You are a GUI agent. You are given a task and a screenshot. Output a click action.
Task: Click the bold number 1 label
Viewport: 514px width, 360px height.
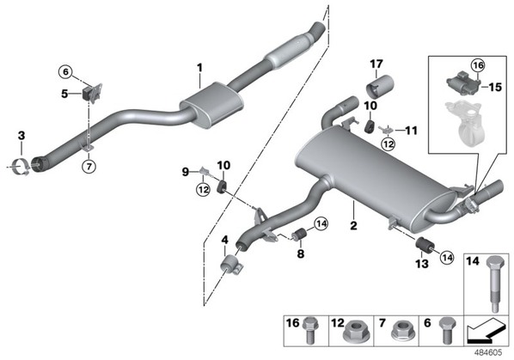pos(199,68)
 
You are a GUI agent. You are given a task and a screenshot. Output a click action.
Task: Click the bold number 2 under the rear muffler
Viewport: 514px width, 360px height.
pos(353,226)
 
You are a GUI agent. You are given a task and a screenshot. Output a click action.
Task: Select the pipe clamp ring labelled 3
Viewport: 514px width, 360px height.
pos(21,167)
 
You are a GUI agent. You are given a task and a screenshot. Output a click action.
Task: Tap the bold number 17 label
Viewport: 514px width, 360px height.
pos(376,64)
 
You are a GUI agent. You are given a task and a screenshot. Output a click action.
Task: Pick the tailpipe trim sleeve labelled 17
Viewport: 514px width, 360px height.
pos(380,87)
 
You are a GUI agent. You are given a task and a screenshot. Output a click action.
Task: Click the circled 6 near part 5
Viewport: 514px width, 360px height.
pos(65,71)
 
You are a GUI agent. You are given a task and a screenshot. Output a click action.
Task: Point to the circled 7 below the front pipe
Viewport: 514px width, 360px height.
pos(89,167)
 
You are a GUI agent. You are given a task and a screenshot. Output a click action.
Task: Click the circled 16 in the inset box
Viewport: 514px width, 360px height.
pos(478,65)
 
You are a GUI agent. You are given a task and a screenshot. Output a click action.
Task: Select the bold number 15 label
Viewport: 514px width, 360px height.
pos(495,87)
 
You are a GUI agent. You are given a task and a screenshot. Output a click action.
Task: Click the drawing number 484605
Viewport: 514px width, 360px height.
pos(488,353)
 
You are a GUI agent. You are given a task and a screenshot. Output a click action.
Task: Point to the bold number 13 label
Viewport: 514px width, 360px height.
pos(422,264)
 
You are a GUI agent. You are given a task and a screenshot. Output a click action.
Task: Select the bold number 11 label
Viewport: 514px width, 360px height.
pos(411,131)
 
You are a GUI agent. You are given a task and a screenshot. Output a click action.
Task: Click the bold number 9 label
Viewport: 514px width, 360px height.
pos(186,172)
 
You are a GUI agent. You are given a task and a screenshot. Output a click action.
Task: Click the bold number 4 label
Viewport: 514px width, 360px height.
pos(224,240)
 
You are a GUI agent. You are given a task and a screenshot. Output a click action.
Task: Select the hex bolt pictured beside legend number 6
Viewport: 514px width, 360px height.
pos(448,330)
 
